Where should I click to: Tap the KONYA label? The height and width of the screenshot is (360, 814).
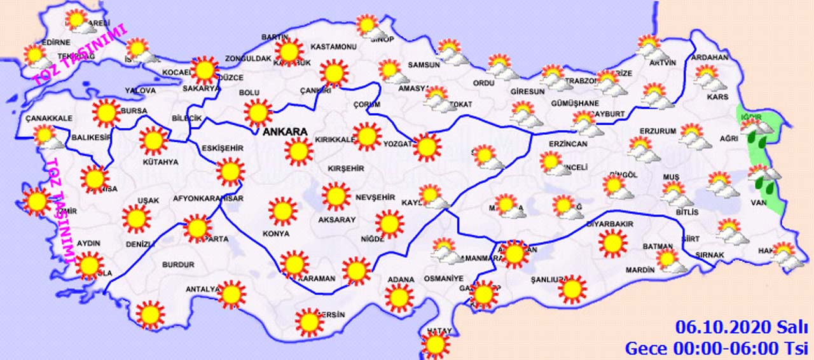(276, 233)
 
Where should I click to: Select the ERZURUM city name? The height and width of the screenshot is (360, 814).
(658, 132)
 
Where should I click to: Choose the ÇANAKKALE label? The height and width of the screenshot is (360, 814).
(49, 118)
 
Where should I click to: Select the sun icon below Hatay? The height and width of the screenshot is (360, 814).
(436, 346)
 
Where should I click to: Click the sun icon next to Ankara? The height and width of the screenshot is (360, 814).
(298, 151)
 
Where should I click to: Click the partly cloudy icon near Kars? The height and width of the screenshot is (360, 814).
(707, 78)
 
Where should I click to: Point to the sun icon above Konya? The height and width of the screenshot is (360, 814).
(282, 211)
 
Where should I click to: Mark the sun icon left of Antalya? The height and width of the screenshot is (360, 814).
(150, 314)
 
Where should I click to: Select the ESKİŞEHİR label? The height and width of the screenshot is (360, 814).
(223, 148)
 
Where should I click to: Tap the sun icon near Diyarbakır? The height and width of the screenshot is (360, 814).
(613, 244)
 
